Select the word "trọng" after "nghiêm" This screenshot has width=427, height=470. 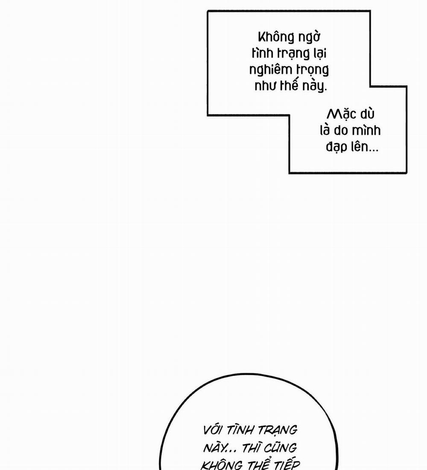[313, 70]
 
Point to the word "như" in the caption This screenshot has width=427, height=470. [264, 85]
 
